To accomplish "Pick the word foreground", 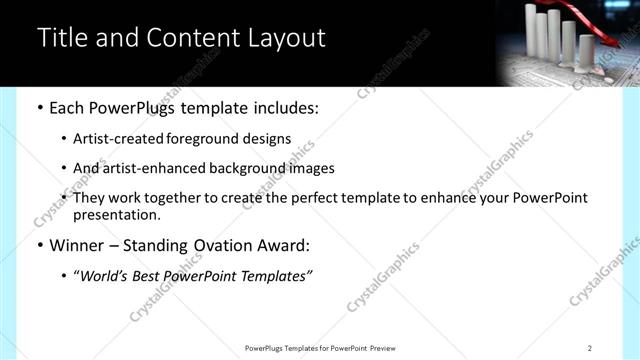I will pyautogui.click(x=225, y=139).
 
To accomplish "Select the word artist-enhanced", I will pyautogui.click(x=150, y=168).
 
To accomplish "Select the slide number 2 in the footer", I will pyautogui.click(x=589, y=348).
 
